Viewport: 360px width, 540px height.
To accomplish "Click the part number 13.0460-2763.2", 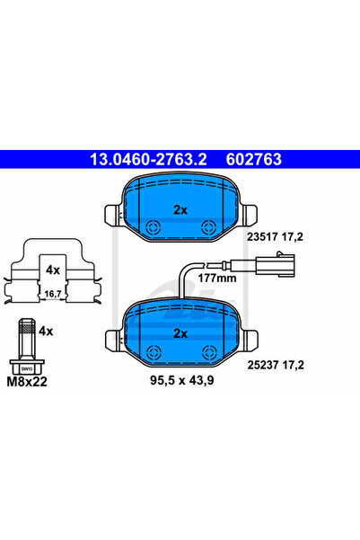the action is pos(148,159).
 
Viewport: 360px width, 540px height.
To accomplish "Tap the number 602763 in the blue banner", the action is pos(254,159).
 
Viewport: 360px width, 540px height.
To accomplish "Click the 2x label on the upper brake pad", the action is pos(180,209).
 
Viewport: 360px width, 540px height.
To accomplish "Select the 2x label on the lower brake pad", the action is pos(180,333).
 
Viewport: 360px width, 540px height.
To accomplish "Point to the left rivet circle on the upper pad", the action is pos(154,227).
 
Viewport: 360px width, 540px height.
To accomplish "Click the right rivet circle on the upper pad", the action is pos(208,227).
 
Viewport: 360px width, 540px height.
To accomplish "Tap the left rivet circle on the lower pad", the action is pos(154,352).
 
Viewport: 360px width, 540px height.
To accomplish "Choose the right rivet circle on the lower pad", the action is pos(209,352).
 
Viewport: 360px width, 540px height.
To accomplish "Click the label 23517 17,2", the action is pos(275,237).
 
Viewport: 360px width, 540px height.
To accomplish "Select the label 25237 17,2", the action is pos(276,365).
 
